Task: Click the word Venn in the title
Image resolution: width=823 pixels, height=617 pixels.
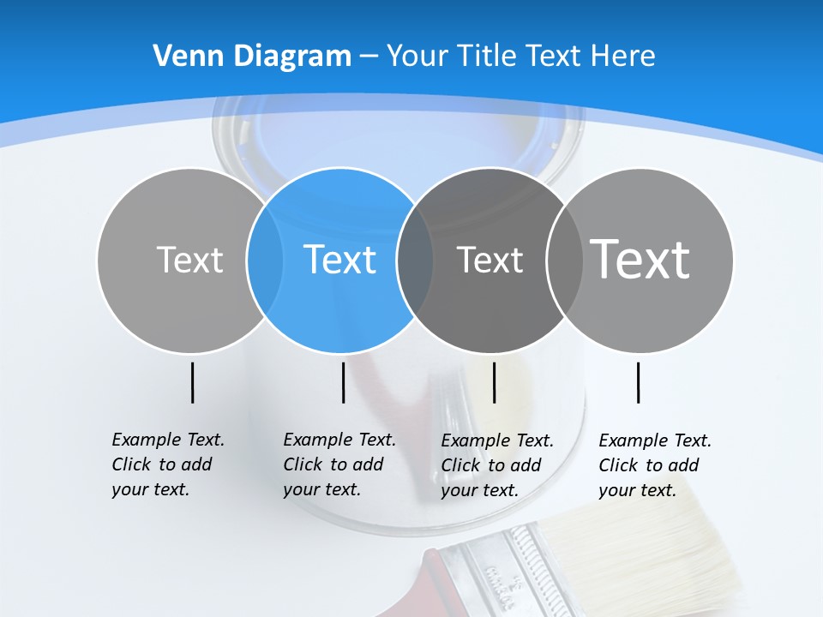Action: [x=182, y=57]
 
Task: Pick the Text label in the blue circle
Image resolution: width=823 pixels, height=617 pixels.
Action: [x=339, y=260]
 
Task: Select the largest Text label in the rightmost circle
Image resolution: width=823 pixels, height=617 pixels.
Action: [x=640, y=259]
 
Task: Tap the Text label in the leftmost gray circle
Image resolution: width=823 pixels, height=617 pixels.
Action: [x=189, y=260]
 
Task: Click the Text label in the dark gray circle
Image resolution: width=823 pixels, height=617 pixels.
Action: [x=490, y=260]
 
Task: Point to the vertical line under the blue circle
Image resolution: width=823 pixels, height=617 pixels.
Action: [x=343, y=382]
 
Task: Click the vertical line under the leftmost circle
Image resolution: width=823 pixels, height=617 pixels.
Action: [x=192, y=382]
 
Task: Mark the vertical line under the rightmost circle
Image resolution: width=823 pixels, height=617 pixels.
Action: [x=639, y=382]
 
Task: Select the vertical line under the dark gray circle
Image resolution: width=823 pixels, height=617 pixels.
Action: [x=494, y=382]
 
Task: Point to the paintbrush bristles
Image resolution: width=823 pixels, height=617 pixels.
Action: [x=652, y=548]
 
